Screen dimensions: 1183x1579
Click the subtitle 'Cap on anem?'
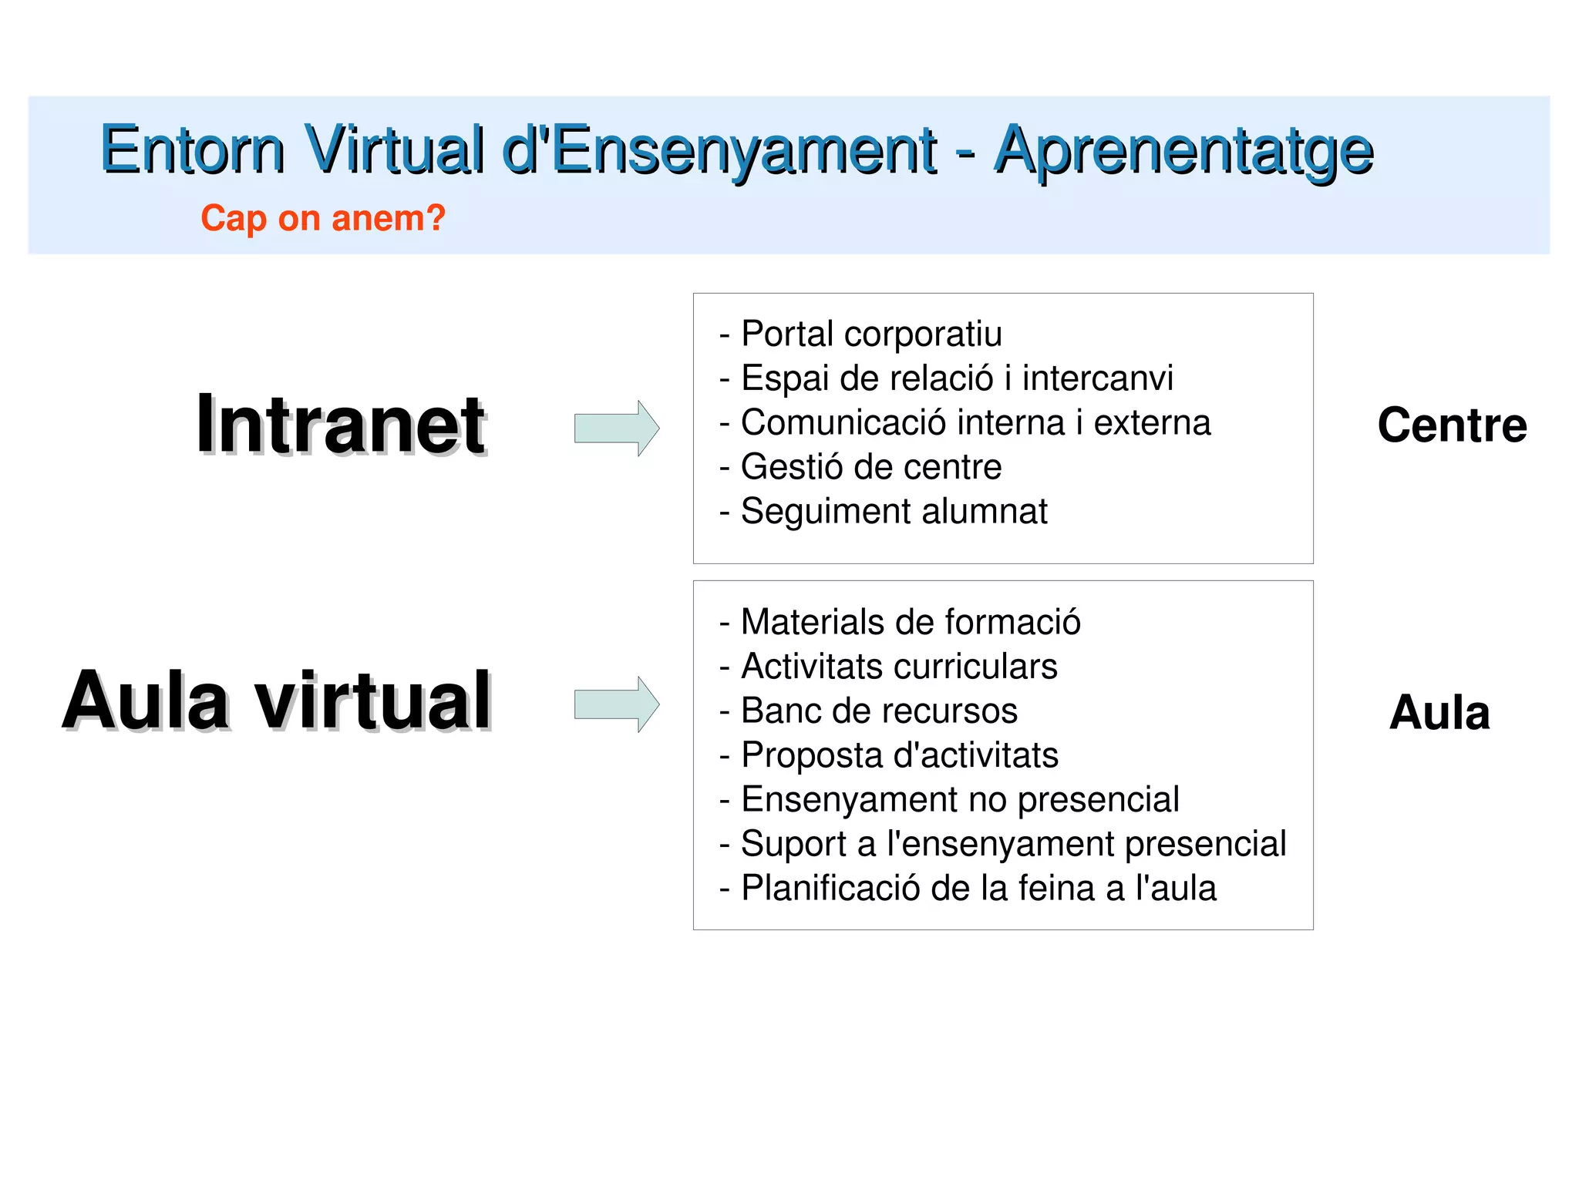(323, 218)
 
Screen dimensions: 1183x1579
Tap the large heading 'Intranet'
(341, 425)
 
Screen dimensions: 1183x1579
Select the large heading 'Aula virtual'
(277, 701)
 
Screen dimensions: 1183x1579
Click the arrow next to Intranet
(616, 428)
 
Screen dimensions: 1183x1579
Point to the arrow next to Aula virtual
(616, 704)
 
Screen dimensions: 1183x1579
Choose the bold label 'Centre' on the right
(1452, 425)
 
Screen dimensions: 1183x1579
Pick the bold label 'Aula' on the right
(1439, 712)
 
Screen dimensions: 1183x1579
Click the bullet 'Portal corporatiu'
(870, 334)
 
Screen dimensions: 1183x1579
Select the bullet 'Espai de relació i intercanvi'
(956, 378)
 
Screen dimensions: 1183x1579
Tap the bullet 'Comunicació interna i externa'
(975, 423)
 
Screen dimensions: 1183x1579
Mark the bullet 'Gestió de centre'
(870, 467)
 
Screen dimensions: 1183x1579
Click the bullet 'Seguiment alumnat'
(894, 512)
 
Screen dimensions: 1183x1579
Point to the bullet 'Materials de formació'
(910, 622)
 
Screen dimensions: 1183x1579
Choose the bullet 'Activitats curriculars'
(898, 667)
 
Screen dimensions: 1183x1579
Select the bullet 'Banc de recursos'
(878, 711)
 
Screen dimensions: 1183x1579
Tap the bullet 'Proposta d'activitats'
(899, 755)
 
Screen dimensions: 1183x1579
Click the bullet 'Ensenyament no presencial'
(959, 799)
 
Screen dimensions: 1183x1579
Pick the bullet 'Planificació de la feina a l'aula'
(978, 888)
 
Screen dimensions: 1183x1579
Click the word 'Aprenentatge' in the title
(1183, 150)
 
